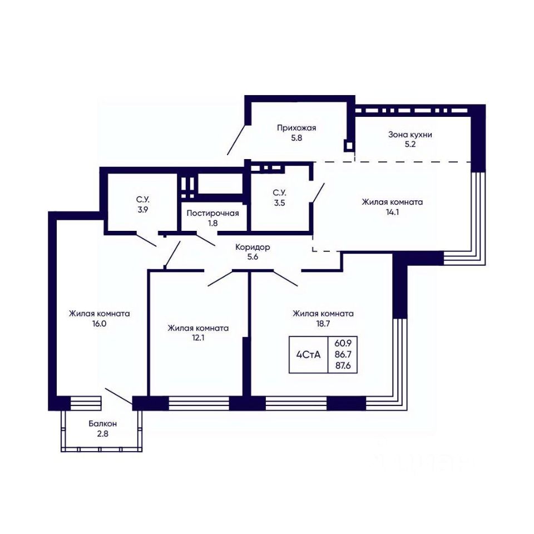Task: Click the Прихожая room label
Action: tap(296, 128)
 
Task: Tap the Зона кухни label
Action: tap(410, 135)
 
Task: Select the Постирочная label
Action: tap(212, 214)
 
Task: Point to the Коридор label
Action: tap(253, 247)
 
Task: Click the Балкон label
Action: tap(102, 424)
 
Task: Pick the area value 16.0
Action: tap(99, 324)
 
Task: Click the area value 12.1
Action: tap(198, 338)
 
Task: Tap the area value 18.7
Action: tap(323, 324)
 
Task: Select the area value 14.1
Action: tap(392, 212)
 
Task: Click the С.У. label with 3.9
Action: tap(143, 199)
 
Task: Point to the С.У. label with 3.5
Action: tap(279, 193)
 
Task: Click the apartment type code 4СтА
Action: tap(308, 355)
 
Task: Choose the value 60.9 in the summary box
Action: tap(343, 343)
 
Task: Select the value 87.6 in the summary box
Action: tap(343, 366)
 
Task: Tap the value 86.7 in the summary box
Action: tap(343, 354)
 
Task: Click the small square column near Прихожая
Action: tap(349, 146)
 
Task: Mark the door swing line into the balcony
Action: tap(119, 396)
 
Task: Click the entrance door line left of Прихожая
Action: tap(236, 140)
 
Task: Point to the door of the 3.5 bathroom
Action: tap(318, 193)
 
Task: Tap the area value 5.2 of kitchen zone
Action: tap(410, 144)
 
